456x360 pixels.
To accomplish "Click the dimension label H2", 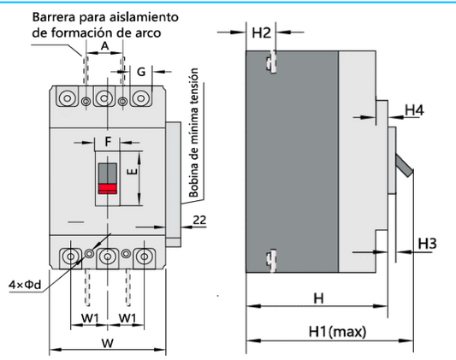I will coord(262,33).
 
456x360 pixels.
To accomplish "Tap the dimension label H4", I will coord(414,110).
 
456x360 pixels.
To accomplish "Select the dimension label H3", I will coord(428,245).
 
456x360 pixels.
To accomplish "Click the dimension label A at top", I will coord(104,46).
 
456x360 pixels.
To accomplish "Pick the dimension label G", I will coord(141,72).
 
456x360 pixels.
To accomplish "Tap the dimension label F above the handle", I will coord(108,140).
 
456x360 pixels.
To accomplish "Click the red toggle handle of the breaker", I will coord(108,189).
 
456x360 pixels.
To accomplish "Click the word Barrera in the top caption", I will coord(56,17).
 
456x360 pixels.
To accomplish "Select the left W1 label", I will coord(90,319).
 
